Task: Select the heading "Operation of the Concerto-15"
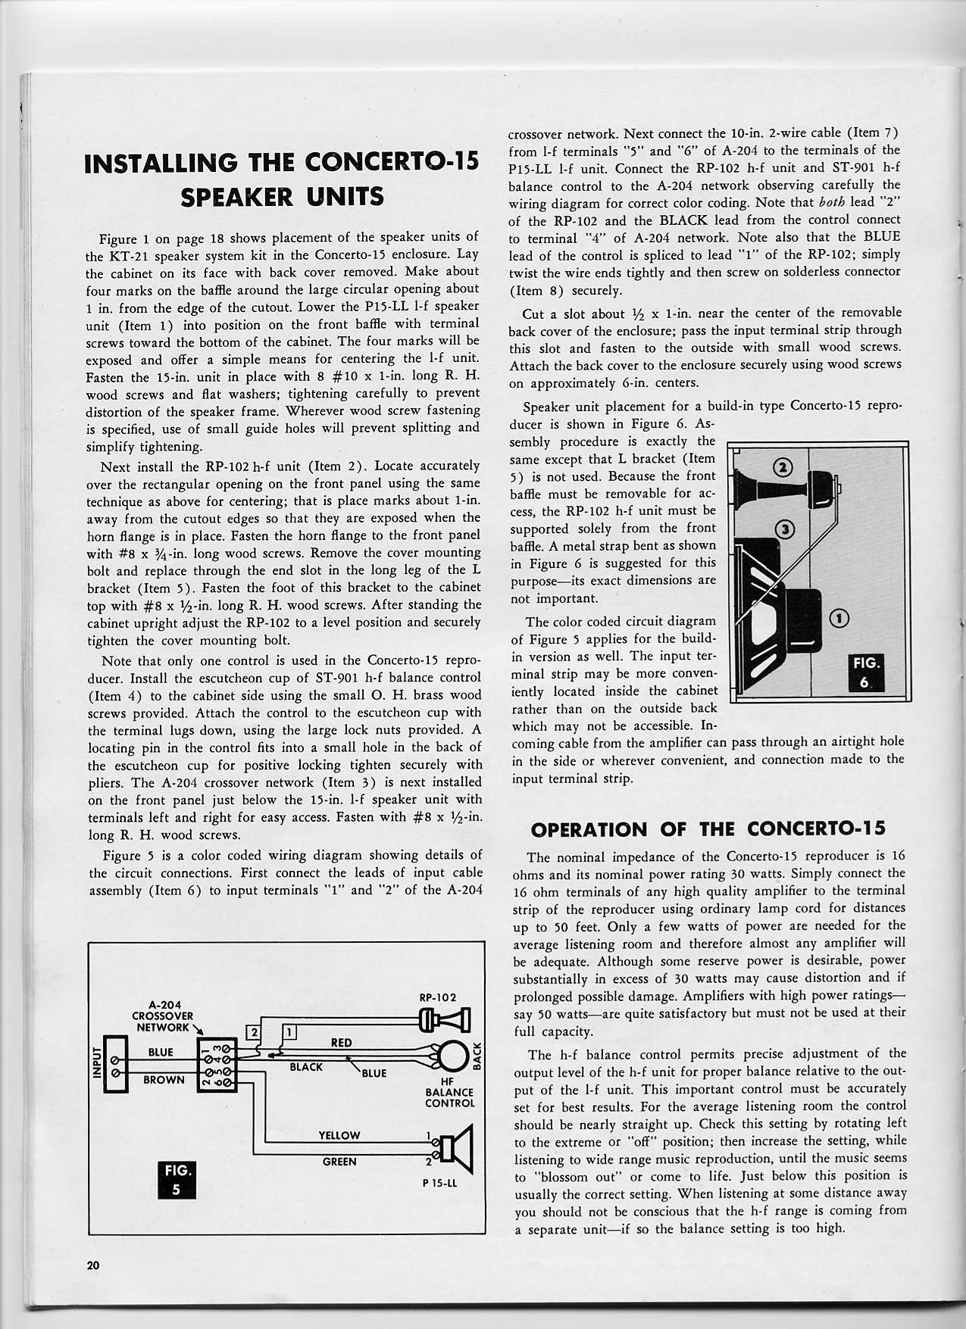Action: point(708,828)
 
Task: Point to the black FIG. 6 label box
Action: point(868,672)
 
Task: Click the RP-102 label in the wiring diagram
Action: point(437,997)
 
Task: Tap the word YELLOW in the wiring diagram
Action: point(339,1135)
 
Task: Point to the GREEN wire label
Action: point(339,1162)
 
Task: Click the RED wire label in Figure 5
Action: point(341,1043)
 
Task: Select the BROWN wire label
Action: point(164,1080)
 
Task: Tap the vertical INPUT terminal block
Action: point(103,1065)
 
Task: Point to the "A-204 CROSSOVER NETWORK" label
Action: point(164,1016)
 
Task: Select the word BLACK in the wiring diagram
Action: point(306,1067)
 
